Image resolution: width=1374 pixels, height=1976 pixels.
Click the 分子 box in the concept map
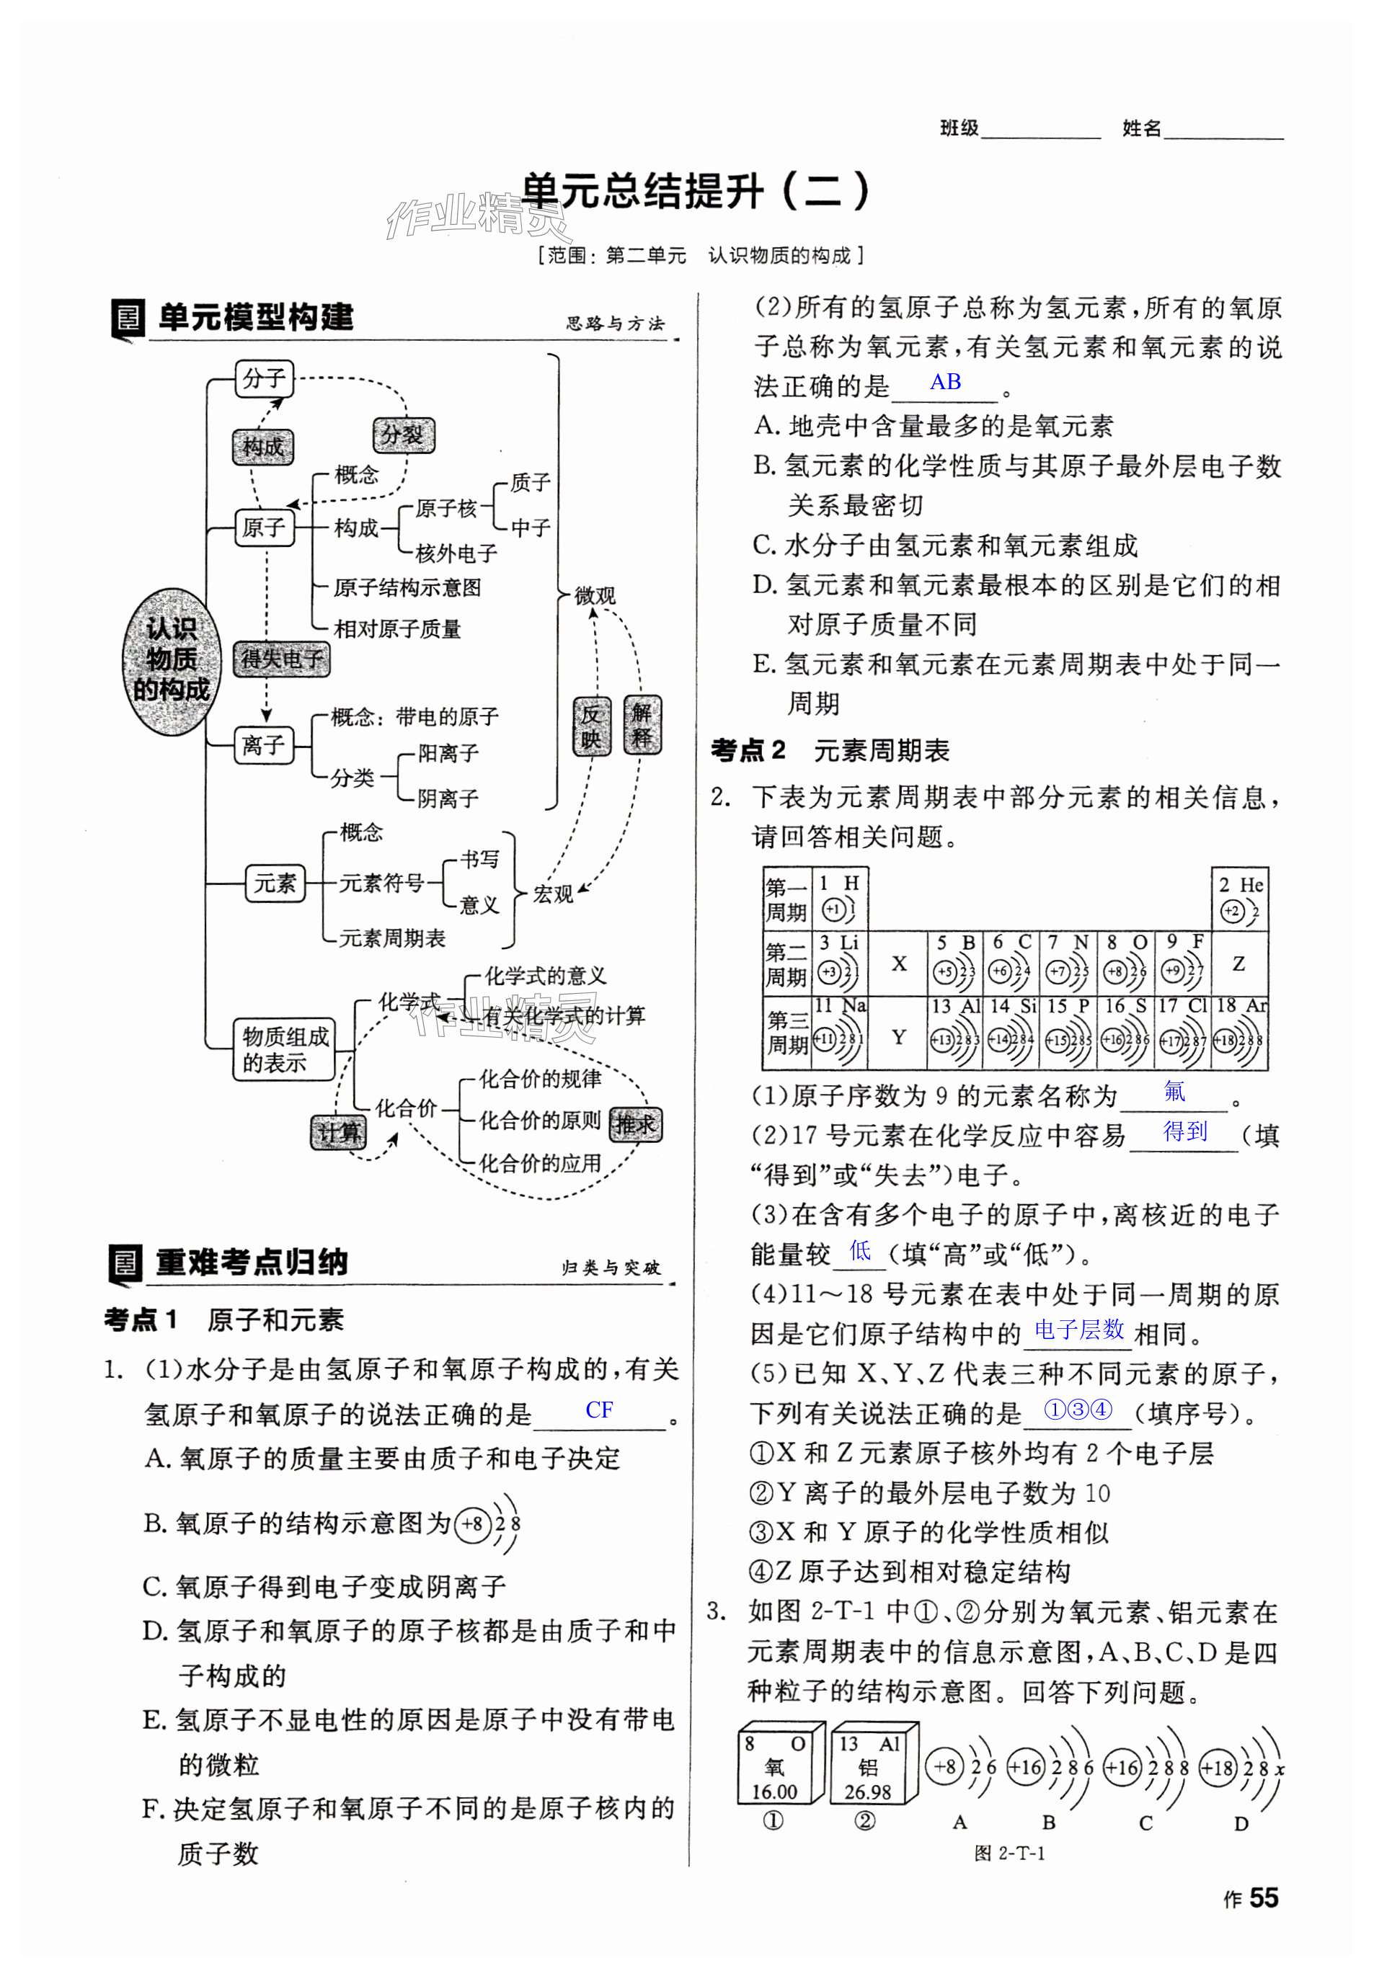pos(263,378)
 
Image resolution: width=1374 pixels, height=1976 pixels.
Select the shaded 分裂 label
pos(403,435)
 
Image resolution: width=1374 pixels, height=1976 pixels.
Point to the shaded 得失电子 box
pos(282,659)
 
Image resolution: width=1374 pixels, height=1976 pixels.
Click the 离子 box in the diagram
pos(263,744)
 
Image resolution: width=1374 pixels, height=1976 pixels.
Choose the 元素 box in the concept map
pos(275,883)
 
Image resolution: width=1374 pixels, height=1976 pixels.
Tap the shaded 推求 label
pos(635,1124)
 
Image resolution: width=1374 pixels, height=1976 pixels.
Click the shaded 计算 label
pos(338,1133)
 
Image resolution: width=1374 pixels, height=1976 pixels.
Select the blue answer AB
pos(945,382)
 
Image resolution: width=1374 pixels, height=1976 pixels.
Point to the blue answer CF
pos(599,1410)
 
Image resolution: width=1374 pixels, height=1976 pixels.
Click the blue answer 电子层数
pos(1078,1330)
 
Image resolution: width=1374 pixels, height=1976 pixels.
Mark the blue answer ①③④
pos(1078,1409)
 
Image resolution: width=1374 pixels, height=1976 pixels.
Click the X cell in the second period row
pos(898,964)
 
